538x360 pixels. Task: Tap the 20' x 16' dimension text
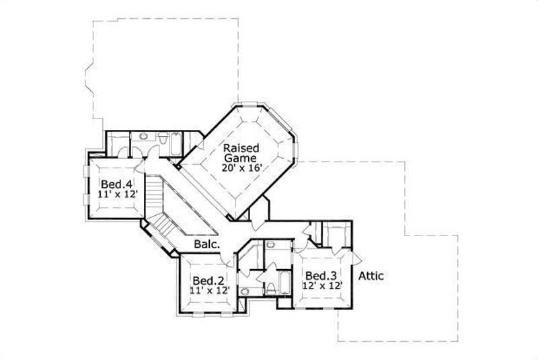[x=241, y=168]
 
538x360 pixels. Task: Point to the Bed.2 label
[x=208, y=280]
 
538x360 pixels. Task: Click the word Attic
[x=371, y=275]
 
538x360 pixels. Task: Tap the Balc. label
[x=207, y=245]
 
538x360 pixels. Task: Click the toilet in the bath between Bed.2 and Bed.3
[x=270, y=289]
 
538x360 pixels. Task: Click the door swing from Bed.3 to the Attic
[x=357, y=258]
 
